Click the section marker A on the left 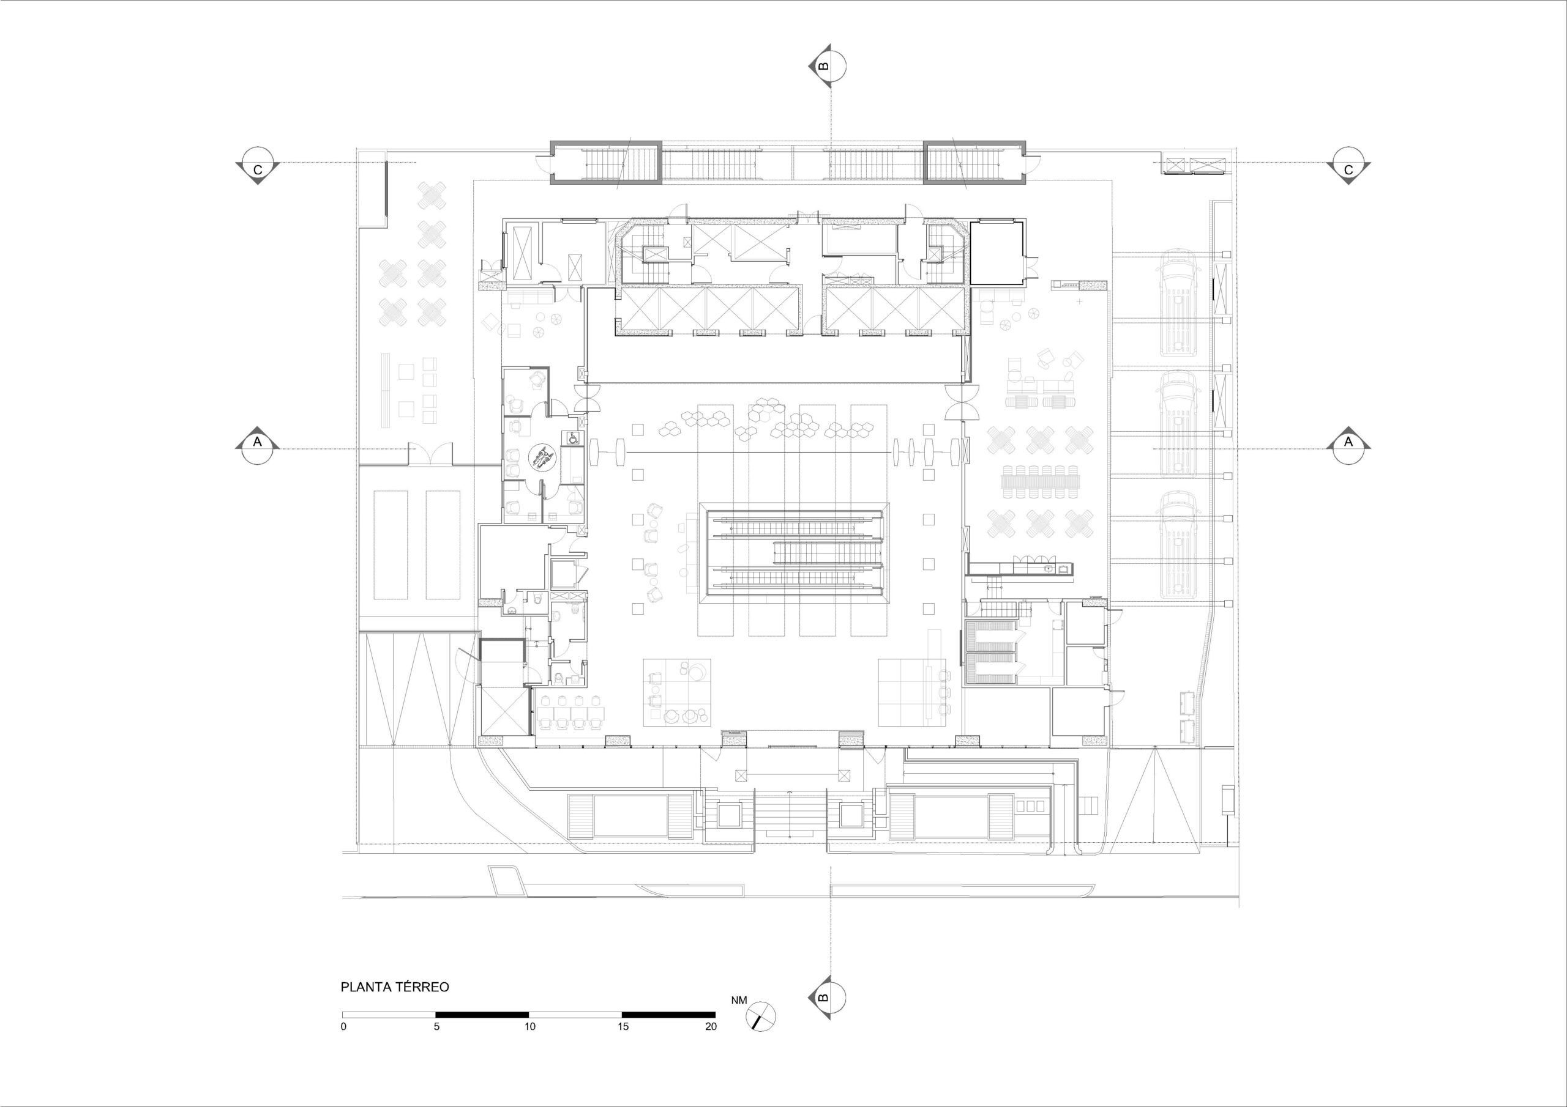[257, 448]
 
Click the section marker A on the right [1348, 448]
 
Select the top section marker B [830, 67]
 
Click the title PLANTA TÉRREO [395, 987]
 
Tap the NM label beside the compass [739, 1001]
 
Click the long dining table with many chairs [1041, 482]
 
